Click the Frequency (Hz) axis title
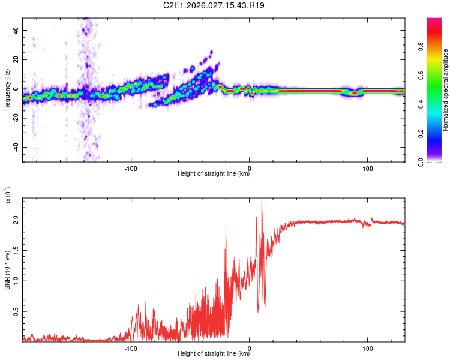coord(7,90)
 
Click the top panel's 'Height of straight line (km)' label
coord(214,174)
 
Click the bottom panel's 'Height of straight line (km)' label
coord(214,354)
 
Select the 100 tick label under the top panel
coord(367,168)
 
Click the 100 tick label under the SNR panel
coord(367,348)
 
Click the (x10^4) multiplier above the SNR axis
coord(8,196)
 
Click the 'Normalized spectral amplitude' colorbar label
coord(446,90)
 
